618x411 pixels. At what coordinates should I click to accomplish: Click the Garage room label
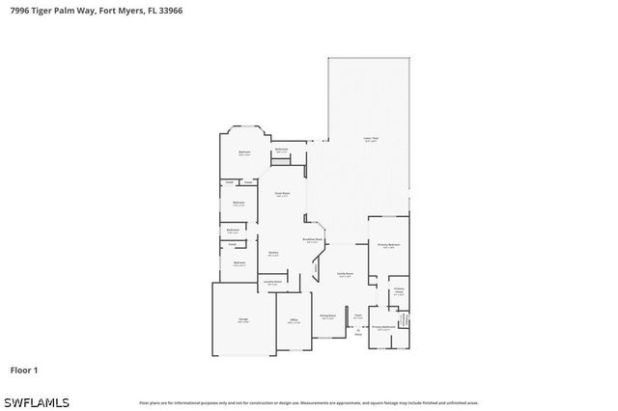click(x=243, y=321)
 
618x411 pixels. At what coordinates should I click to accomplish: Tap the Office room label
click(x=294, y=321)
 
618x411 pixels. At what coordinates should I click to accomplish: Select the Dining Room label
click(x=328, y=316)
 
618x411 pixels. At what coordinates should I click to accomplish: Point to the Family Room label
click(x=344, y=275)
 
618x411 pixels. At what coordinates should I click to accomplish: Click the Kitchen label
click(x=273, y=255)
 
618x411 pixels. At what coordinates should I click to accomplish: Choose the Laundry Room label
click(x=272, y=283)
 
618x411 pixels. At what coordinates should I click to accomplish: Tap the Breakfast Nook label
click(x=314, y=241)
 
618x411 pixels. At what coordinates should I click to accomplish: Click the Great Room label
click(x=282, y=195)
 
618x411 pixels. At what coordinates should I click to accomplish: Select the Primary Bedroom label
click(x=388, y=246)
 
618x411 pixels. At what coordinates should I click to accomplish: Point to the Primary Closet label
click(x=398, y=292)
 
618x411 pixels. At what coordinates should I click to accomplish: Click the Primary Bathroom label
click(x=384, y=328)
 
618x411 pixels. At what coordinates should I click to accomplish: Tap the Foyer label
click(x=357, y=316)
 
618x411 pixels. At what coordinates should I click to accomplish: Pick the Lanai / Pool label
click(x=370, y=140)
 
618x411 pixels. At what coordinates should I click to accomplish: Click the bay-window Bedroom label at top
click(x=244, y=152)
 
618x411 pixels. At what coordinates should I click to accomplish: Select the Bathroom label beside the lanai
click(x=281, y=151)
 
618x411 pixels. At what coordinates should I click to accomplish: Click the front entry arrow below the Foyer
click(x=357, y=333)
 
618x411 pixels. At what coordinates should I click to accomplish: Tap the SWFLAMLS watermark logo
click(x=36, y=400)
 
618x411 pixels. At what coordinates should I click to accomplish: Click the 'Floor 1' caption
click(x=23, y=370)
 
